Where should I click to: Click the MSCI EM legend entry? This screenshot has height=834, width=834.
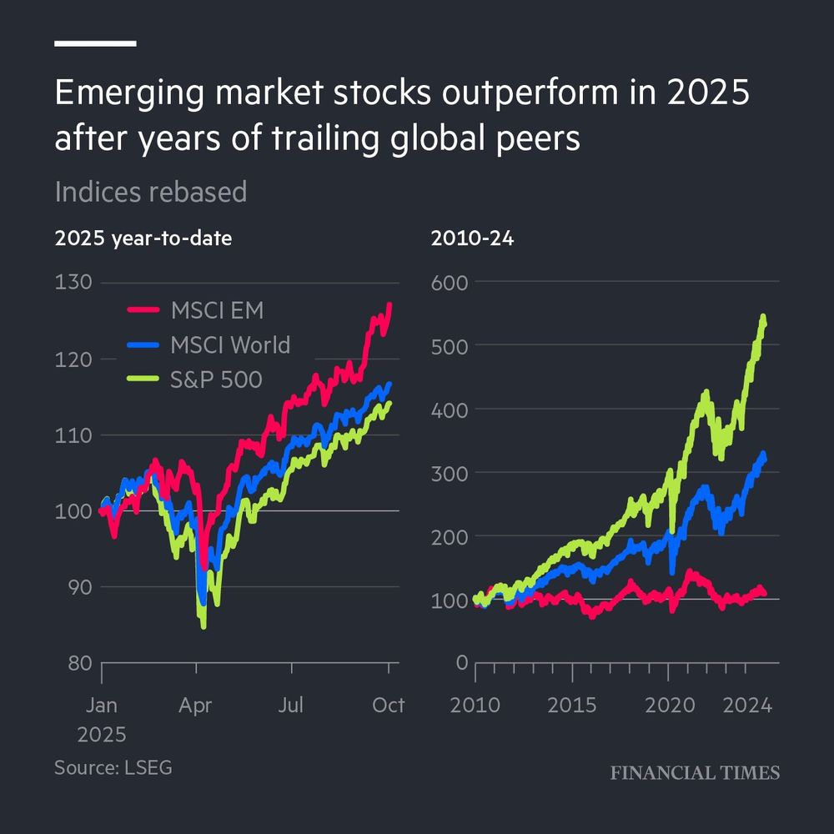[x=217, y=311]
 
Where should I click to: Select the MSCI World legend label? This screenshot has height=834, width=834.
[x=230, y=344]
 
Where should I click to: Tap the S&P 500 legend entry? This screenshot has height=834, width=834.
[x=217, y=379]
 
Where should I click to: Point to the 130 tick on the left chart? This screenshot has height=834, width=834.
[x=73, y=282]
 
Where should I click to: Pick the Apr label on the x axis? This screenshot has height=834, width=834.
[x=196, y=706]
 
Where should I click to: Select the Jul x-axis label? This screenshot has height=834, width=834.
[x=291, y=706]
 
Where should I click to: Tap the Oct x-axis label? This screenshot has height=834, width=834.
[x=388, y=706]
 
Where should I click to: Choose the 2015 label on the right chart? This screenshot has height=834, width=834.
[x=572, y=706]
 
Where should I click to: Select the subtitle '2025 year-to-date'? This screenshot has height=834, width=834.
[x=143, y=239]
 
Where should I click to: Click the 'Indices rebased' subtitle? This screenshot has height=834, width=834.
[x=151, y=192]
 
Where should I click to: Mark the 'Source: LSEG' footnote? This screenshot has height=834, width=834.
[x=113, y=767]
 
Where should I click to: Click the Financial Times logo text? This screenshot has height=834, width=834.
[x=695, y=773]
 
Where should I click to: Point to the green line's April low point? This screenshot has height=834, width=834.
[x=203, y=625]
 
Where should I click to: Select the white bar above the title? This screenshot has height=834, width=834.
[x=95, y=43]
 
